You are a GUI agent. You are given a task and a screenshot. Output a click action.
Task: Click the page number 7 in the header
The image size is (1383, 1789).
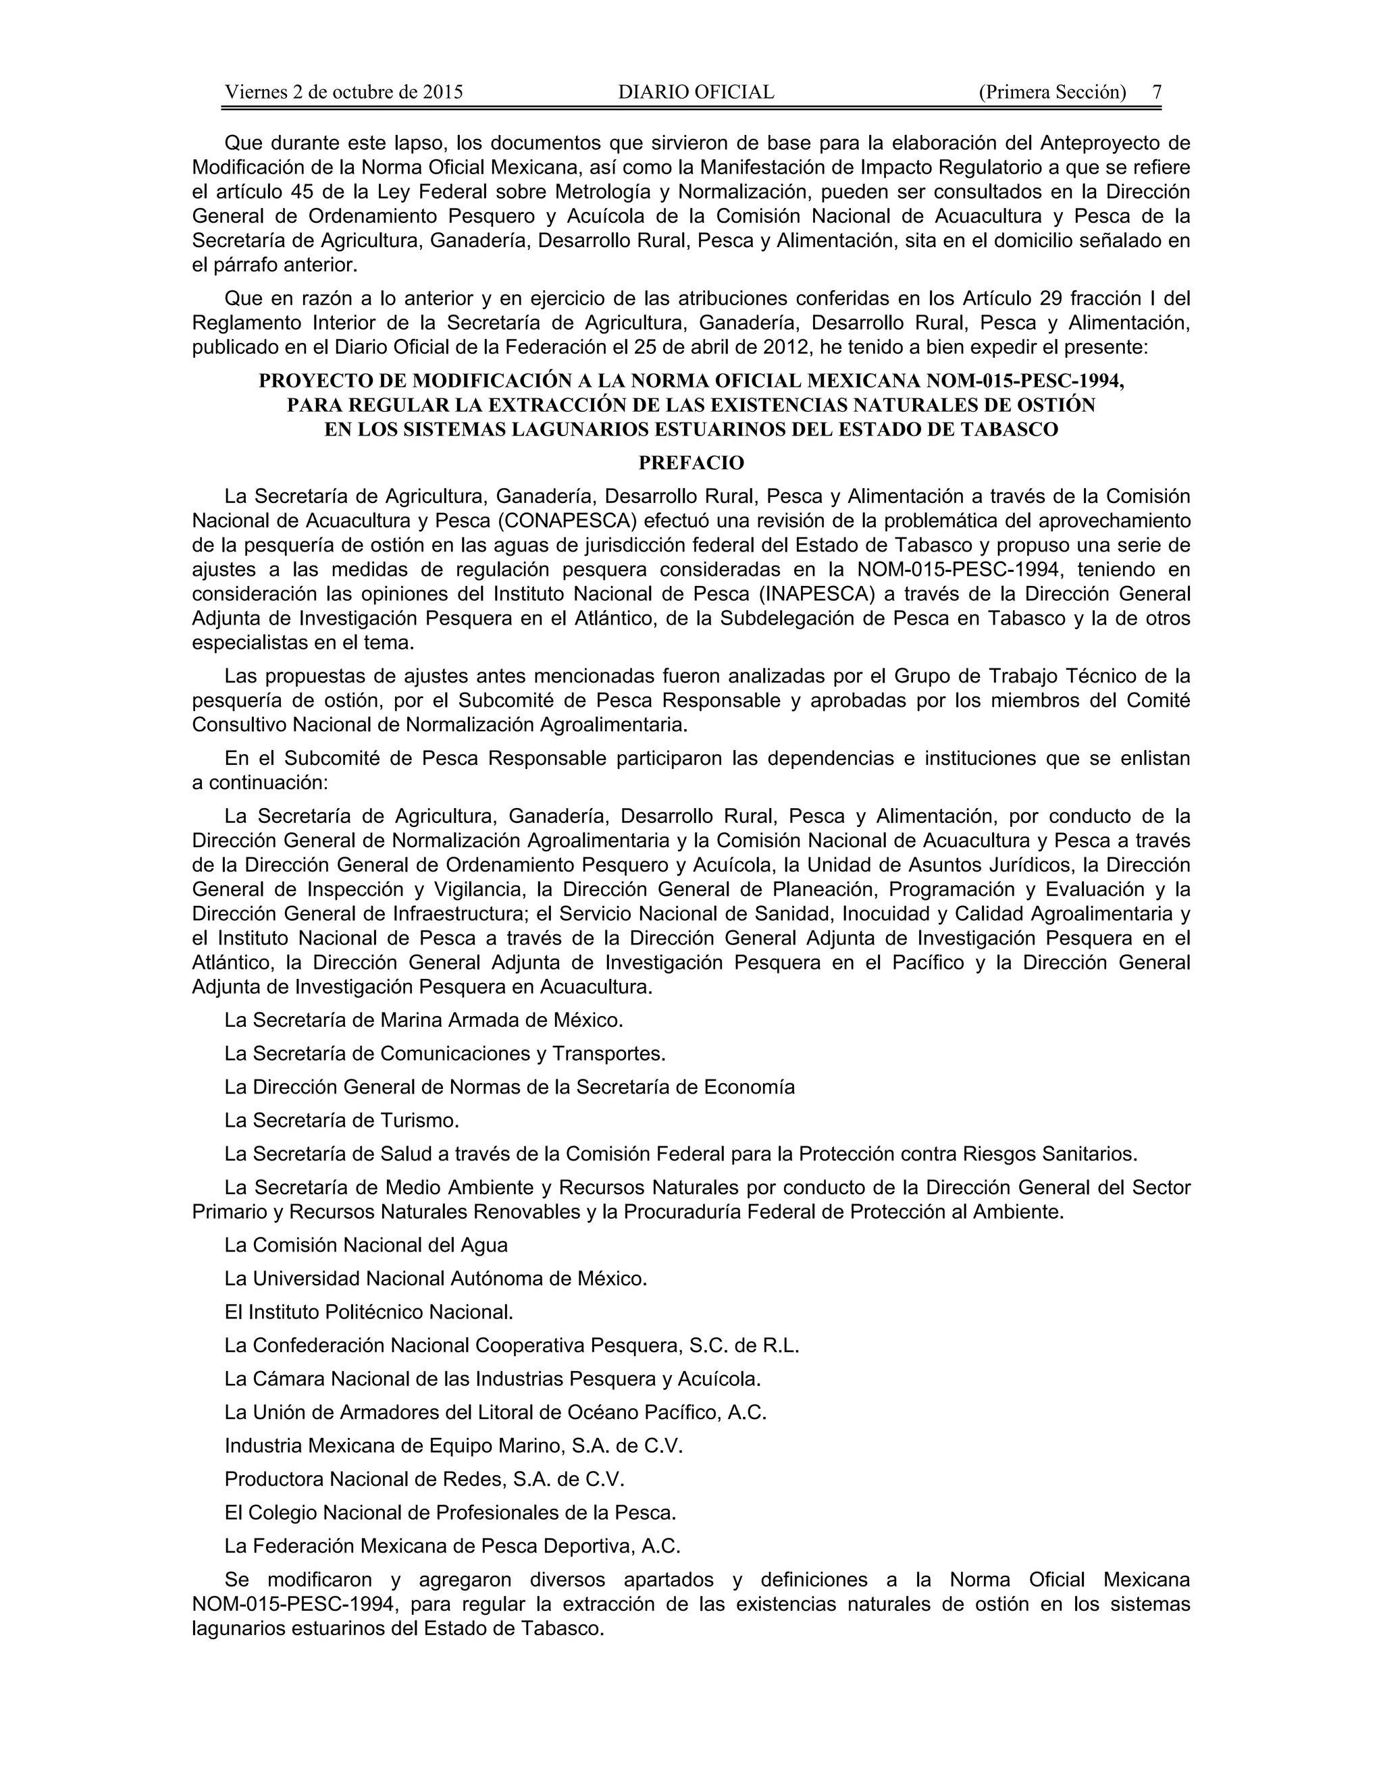point(1157,92)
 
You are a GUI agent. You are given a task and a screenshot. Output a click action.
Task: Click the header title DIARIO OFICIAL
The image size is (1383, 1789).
point(696,92)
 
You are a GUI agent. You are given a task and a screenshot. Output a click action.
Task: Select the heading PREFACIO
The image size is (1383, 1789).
point(691,464)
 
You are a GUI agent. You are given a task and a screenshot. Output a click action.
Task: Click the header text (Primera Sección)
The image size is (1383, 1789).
point(1052,92)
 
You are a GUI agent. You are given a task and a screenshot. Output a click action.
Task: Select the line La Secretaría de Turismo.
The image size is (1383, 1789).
point(342,1120)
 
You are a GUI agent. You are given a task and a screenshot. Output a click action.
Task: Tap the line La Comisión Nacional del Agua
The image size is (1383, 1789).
point(365,1245)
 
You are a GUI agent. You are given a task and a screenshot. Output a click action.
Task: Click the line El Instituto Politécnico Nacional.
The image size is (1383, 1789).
point(369,1312)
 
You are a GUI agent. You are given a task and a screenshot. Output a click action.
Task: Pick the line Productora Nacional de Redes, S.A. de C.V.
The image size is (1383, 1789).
point(424,1479)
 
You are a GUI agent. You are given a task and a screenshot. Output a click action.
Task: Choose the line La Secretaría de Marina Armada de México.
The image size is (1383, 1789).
point(423,1020)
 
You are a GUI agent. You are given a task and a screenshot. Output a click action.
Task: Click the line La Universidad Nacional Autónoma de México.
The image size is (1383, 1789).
point(436,1279)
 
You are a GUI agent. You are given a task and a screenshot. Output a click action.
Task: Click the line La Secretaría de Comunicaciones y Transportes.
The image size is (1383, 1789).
point(445,1053)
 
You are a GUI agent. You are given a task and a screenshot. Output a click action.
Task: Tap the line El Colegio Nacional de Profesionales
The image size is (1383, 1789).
point(450,1513)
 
